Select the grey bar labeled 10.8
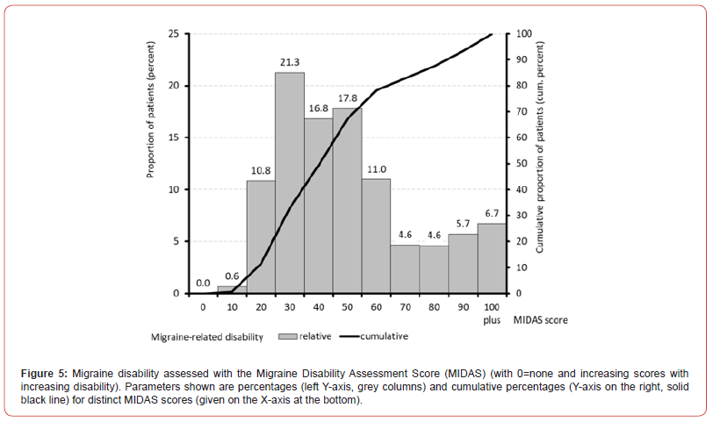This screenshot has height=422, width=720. tap(261, 237)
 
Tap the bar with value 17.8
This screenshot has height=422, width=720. tap(347, 201)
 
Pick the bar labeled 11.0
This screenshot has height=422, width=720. tap(376, 236)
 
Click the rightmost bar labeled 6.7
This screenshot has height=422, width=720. tap(492, 258)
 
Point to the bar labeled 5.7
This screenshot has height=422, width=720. tap(463, 263)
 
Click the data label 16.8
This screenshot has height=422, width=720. tap(319, 109)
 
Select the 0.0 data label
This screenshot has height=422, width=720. tap(203, 283)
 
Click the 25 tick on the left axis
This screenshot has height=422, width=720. tap(173, 34)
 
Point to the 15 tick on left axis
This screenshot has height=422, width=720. tap(173, 138)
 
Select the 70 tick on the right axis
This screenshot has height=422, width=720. tap(522, 111)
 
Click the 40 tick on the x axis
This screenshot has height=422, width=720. tap(319, 308)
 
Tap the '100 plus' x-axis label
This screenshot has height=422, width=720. tap(492, 314)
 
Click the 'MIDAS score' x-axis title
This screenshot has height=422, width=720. tap(540, 320)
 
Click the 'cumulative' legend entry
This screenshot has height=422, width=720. tap(382, 336)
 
